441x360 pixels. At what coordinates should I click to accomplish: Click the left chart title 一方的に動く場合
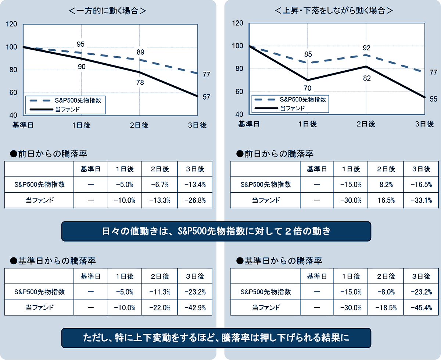click(108, 11)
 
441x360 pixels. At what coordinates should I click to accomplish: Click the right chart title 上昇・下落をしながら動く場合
click(334, 11)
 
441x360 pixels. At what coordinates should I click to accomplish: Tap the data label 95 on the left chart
click(81, 44)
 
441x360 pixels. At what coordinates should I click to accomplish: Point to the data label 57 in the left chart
click(207, 97)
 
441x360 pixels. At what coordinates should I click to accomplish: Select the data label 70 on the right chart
click(308, 88)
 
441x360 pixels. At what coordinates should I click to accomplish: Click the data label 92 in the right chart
click(366, 48)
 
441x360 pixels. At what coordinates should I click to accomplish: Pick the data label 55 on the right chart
click(433, 99)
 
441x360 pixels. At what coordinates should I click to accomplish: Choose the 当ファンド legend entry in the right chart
click(292, 108)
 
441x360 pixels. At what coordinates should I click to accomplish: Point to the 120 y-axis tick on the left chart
click(12, 25)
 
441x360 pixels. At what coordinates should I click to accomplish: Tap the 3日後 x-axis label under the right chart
click(424, 124)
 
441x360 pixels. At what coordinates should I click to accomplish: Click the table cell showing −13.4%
click(195, 185)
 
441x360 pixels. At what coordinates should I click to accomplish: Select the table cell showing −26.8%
click(195, 200)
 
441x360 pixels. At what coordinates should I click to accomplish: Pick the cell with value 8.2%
click(386, 185)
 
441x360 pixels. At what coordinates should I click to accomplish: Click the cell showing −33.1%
click(421, 200)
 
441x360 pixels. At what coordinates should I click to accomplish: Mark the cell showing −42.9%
click(195, 307)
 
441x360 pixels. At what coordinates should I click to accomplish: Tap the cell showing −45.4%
click(421, 307)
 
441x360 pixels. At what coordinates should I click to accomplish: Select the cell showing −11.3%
click(160, 292)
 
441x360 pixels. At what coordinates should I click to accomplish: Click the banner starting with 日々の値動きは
click(216, 232)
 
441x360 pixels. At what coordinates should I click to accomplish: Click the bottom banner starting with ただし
click(216, 338)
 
